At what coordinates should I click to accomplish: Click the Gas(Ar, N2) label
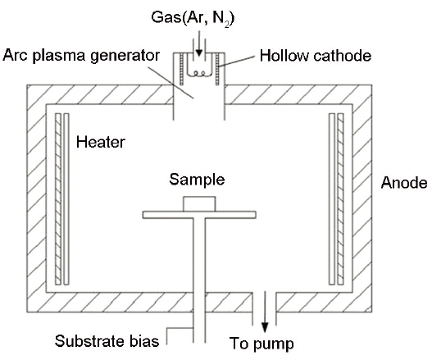click(x=193, y=18)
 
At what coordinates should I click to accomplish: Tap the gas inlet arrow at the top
click(x=199, y=43)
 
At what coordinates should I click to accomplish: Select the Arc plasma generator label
click(x=81, y=56)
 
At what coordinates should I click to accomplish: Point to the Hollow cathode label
click(x=316, y=56)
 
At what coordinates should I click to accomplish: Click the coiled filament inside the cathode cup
click(x=199, y=73)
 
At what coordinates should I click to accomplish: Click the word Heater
click(x=101, y=142)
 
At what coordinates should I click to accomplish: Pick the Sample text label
click(x=197, y=180)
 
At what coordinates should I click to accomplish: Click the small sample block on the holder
click(x=199, y=204)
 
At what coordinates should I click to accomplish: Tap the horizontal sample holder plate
click(x=199, y=215)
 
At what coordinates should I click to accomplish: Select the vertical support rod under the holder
click(x=199, y=280)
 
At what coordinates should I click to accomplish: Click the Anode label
click(x=404, y=183)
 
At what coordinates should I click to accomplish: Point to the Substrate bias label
click(x=107, y=341)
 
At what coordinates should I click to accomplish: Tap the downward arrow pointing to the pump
click(x=265, y=312)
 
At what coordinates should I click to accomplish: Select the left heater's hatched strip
click(x=58, y=198)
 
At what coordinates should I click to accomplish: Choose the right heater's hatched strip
click(x=340, y=198)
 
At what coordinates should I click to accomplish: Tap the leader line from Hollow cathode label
click(x=237, y=62)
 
